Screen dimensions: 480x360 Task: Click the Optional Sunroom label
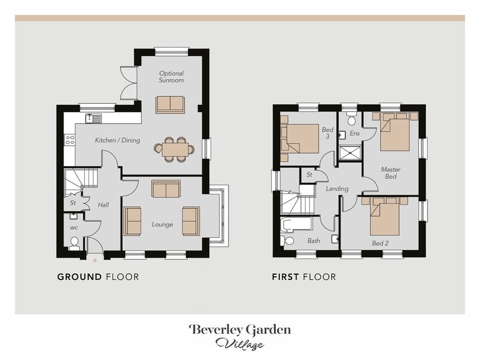[172, 77]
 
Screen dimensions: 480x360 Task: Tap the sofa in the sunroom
[170, 105]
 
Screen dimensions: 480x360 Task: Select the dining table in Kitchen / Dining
[174, 149]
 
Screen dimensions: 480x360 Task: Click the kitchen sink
[93, 118]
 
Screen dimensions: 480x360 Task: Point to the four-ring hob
[70, 140]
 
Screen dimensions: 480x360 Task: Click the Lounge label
[163, 225]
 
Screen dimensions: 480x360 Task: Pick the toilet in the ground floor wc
[74, 242]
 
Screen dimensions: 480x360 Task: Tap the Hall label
[104, 205]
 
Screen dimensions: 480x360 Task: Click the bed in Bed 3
[300, 139]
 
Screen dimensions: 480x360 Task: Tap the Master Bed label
[391, 173]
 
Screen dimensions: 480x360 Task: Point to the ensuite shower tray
[350, 152]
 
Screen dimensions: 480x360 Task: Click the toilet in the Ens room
[351, 118]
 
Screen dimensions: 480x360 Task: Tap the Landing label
[337, 188]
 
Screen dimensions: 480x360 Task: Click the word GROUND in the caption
[80, 277]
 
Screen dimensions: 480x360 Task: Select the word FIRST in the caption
[285, 277]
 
